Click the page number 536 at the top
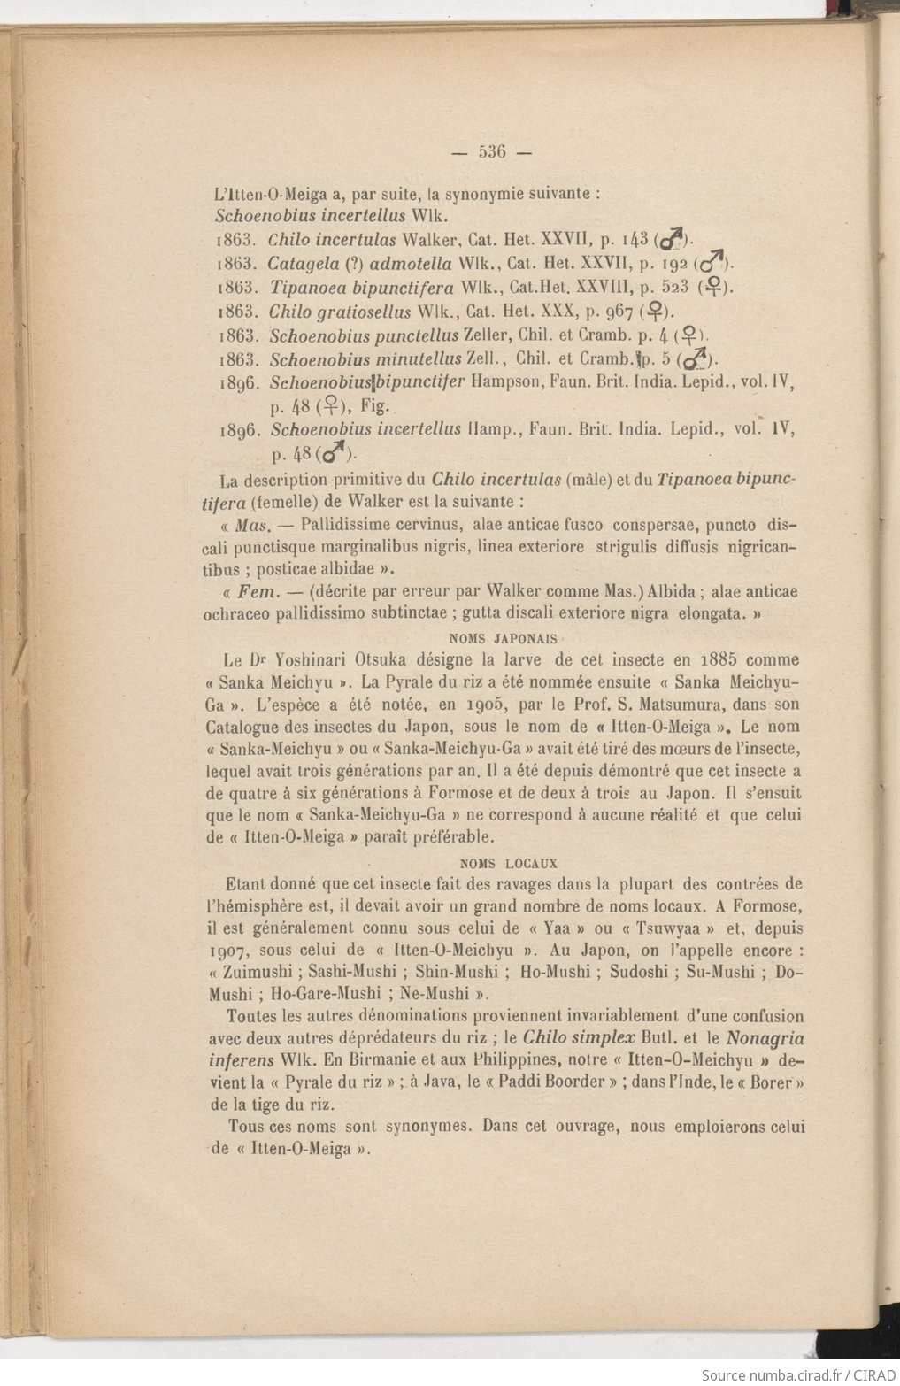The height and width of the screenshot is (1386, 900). (x=491, y=152)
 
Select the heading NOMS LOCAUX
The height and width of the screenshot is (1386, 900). (x=510, y=863)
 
